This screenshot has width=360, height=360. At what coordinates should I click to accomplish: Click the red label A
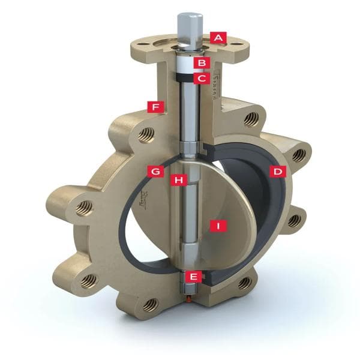point(218,37)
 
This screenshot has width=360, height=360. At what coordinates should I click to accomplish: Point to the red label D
point(277,172)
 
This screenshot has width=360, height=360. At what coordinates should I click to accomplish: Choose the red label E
point(193,276)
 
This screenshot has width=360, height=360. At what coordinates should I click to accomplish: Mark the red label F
point(156,107)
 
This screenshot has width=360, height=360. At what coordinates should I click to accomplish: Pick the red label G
point(156,172)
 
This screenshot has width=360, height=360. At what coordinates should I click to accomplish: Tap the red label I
point(220,226)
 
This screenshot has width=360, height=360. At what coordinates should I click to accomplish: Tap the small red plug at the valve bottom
point(190,295)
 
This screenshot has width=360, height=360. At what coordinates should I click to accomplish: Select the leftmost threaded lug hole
point(83,208)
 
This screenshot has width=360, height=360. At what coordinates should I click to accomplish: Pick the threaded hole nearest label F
point(145,136)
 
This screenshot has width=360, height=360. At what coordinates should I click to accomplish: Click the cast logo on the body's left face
point(143,195)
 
